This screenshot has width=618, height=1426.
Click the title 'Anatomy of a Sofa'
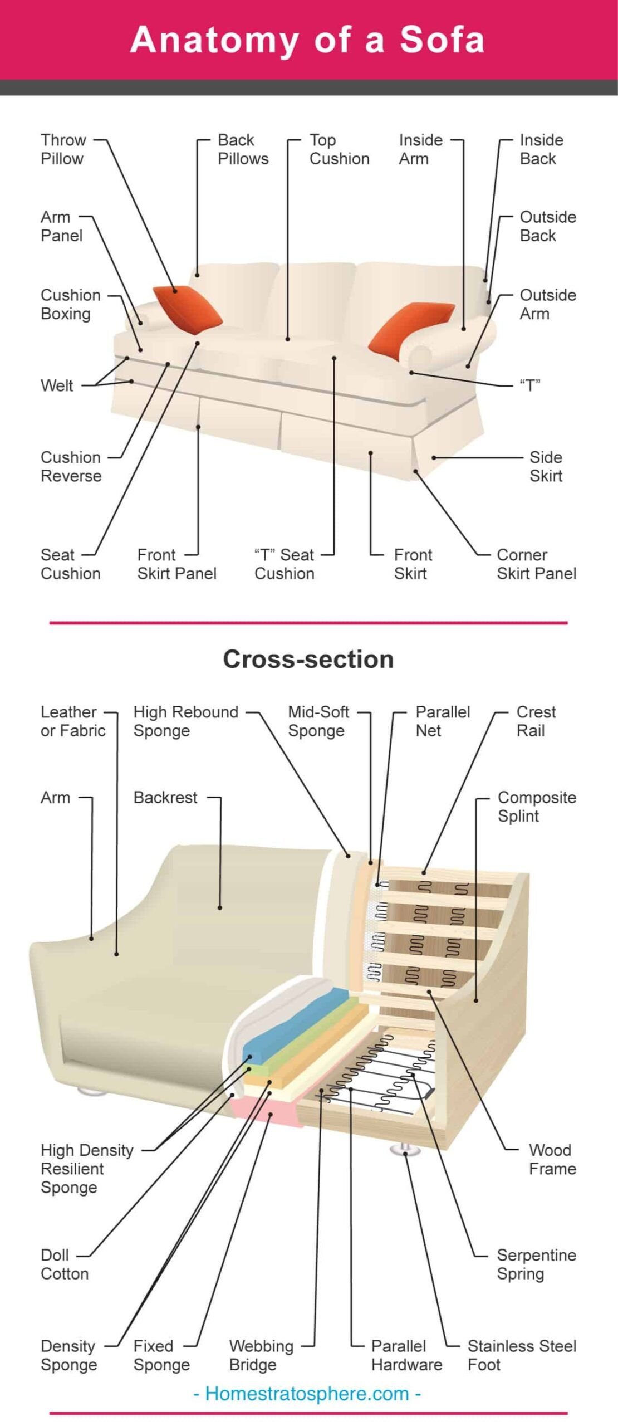pos(308,40)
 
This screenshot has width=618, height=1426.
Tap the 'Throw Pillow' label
pos(63,149)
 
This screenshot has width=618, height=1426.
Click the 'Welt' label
pos(57,385)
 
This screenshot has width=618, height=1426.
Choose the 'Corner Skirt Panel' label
pos(536,564)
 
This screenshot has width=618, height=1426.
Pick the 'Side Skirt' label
pos(546,466)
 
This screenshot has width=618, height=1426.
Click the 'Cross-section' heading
pos(308,659)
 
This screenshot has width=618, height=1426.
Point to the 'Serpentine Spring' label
pos(536,1264)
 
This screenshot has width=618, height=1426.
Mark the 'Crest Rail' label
pos(536,721)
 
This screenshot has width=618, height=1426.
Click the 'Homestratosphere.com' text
pos(307,1394)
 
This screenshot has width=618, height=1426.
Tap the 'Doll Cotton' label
pos(65,1264)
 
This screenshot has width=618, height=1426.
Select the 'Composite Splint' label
pos(536,807)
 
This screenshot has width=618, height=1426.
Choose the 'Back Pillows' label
pos(243,149)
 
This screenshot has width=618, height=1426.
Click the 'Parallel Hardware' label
pos(406,1355)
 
